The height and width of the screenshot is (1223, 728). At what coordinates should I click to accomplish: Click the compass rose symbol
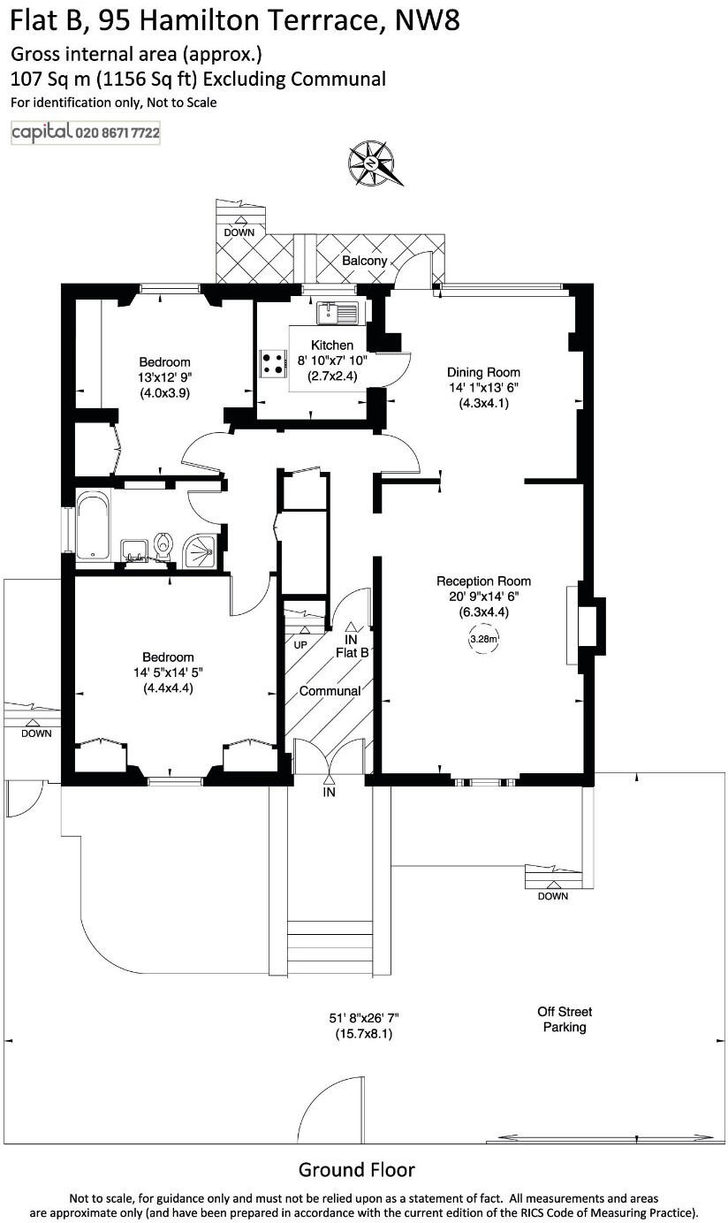tap(375, 163)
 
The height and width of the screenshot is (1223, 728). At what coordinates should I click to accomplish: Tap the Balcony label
tap(365, 261)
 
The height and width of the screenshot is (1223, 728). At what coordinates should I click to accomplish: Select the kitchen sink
tap(337, 312)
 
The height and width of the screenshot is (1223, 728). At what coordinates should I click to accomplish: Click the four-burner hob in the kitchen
tap(273, 363)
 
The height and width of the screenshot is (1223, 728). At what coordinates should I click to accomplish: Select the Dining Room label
tap(483, 372)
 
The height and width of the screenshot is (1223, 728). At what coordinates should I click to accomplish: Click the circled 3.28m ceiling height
tap(483, 639)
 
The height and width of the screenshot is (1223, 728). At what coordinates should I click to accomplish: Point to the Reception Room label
tap(483, 581)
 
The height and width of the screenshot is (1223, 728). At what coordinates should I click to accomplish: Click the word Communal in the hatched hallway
tap(330, 691)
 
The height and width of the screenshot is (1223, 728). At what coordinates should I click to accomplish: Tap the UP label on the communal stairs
tap(300, 645)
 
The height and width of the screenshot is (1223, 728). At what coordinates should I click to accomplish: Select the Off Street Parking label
tap(565, 1020)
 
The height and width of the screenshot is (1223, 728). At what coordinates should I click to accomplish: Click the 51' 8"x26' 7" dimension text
tap(364, 1018)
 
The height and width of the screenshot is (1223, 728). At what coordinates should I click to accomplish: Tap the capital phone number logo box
tap(86, 133)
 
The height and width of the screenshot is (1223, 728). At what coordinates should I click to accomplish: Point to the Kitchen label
tap(332, 345)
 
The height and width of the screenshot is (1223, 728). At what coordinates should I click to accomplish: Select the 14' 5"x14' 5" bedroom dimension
tap(168, 672)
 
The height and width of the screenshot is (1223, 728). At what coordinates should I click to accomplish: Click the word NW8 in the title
tap(428, 20)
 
